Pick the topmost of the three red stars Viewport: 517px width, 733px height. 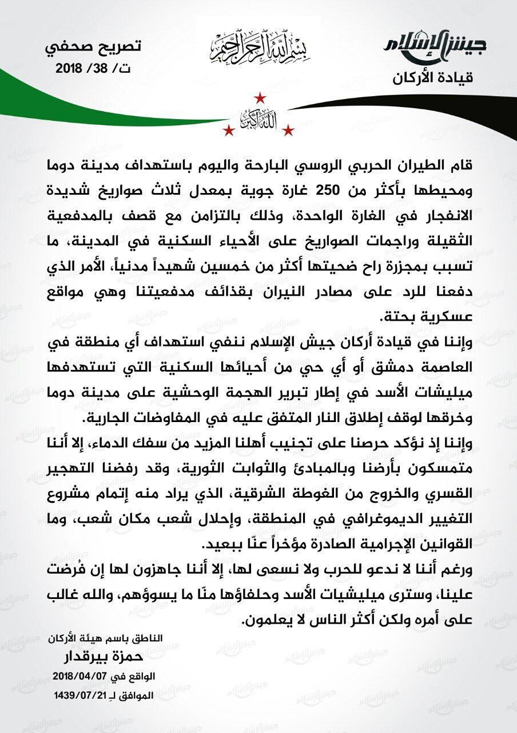259,97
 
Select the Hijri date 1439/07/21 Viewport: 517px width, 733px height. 81,694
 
